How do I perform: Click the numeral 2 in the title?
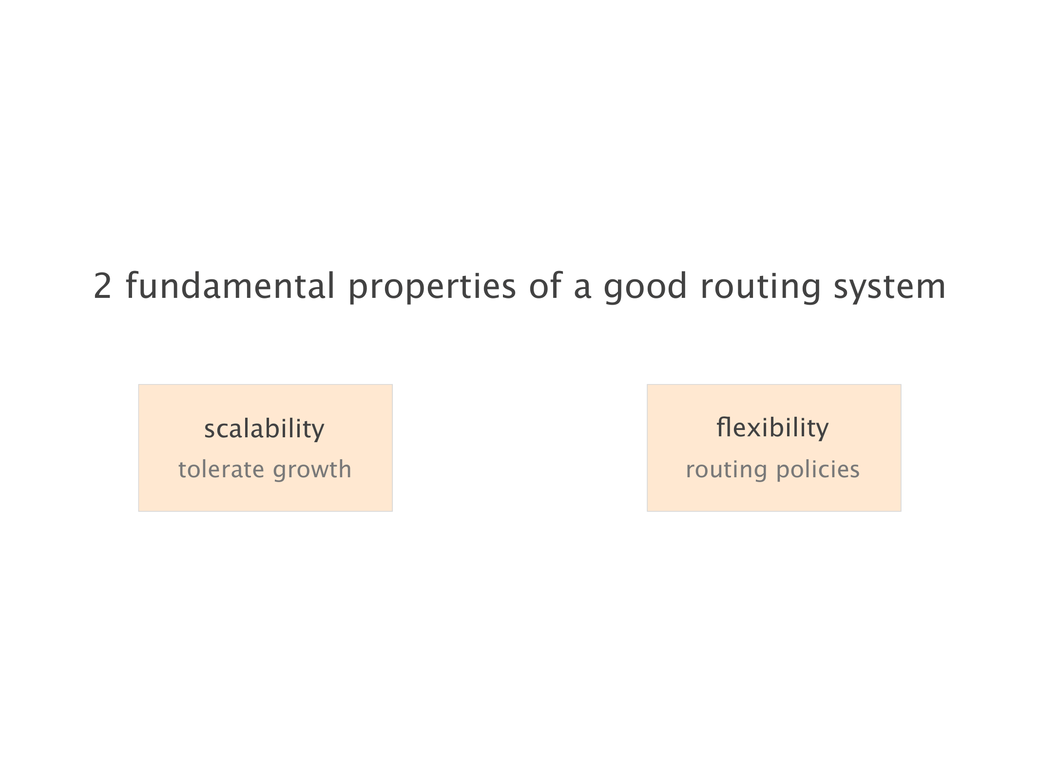coord(102,286)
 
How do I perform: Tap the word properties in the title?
coord(432,288)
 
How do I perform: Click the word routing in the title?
coord(761,288)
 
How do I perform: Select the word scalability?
coord(264,429)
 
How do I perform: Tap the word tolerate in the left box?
coord(221,469)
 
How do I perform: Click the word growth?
coord(312,470)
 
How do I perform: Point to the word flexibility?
coord(772,428)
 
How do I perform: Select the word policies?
coord(818,470)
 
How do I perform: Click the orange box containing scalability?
coord(266,448)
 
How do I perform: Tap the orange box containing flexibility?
coord(774,448)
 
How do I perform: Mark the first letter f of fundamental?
coord(132,285)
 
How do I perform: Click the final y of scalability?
coord(317,432)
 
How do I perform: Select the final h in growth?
coord(345,469)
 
